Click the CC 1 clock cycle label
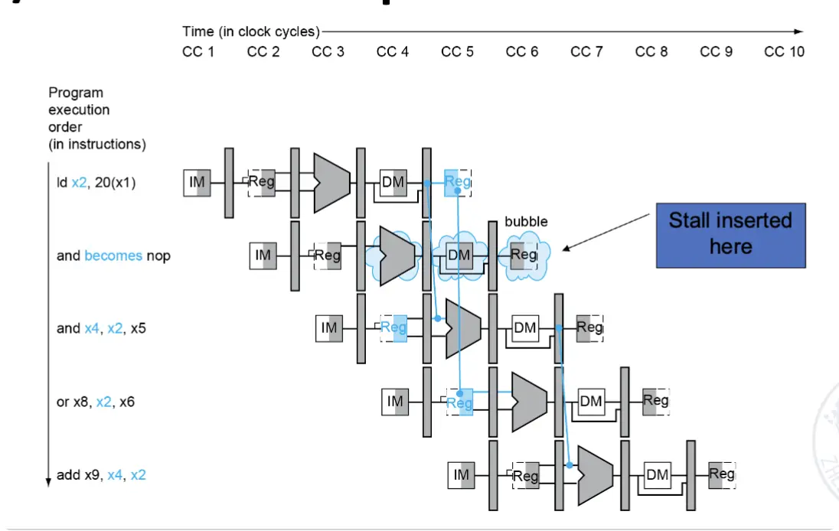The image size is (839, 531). point(198,52)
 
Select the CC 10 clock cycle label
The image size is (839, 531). point(785,52)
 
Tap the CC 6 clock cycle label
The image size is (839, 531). point(522,52)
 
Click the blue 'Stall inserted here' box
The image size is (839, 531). point(730,234)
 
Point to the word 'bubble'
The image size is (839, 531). point(526,221)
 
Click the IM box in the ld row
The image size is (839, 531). point(197,183)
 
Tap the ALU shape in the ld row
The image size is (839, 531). point(331,182)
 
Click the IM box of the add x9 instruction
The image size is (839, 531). point(462,475)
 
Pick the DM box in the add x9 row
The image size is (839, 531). point(658,475)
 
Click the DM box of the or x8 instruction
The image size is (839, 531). point(591,402)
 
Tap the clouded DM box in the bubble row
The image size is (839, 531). point(459,255)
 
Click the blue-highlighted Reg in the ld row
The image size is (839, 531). point(457,182)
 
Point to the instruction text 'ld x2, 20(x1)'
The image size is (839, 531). point(96,183)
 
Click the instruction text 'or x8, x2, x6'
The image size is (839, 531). point(96,402)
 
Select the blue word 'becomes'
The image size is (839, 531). point(113,256)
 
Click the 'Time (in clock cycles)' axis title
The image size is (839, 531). point(250,31)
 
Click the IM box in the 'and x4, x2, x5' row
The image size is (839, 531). point(329,328)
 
